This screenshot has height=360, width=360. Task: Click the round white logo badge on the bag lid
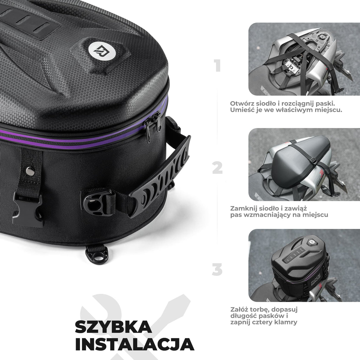(x=98, y=49)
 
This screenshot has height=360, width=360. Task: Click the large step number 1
(x=218, y=66)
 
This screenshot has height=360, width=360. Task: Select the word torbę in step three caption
(x=259, y=309)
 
